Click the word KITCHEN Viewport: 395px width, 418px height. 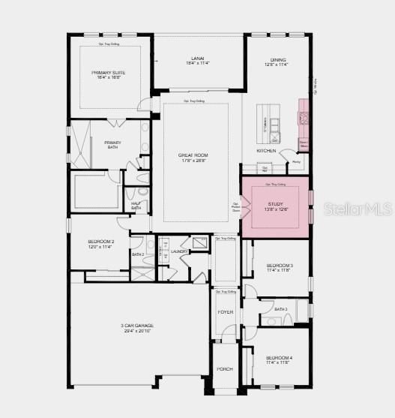(266, 151)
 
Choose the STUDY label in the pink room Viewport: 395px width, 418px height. (277, 203)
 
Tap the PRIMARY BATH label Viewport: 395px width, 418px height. (112, 143)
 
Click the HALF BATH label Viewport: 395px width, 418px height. (136, 206)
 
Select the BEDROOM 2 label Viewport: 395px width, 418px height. (100, 242)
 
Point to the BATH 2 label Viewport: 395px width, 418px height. (138, 254)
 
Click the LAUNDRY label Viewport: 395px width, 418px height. (178, 251)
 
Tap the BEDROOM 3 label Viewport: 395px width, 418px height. (280, 266)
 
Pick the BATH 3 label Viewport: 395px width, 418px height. (281, 309)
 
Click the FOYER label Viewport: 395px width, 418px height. (225, 311)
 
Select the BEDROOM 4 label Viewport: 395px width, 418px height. (279, 358)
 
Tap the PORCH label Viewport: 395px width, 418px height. (225, 369)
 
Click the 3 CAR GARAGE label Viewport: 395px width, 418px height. (137, 326)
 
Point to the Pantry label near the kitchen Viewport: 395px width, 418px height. (296, 161)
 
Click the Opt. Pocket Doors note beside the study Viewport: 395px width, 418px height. (235, 207)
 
